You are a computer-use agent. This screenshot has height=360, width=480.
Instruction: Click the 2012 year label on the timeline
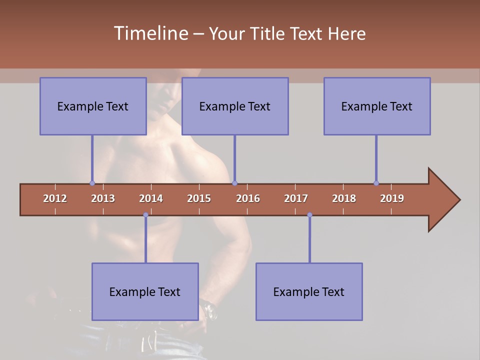click(55, 198)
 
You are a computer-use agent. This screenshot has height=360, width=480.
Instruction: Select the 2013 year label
click(103, 198)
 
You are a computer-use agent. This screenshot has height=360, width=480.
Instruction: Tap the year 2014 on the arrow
click(151, 198)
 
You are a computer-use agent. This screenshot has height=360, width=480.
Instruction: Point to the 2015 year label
click(199, 198)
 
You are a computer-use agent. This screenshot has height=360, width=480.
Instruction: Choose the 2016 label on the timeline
click(248, 198)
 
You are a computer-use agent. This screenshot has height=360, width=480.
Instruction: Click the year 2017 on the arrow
click(296, 198)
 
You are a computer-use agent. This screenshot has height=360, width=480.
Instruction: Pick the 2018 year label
click(344, 198)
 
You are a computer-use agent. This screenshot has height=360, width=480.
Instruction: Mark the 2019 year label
click(392, 198)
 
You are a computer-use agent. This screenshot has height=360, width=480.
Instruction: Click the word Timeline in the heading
click(150, 33)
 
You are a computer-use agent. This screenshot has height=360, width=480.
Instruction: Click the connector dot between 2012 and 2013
click(92, 183)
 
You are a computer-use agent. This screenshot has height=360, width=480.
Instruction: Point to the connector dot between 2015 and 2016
click(234, 183)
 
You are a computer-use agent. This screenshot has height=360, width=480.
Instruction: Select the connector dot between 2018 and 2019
click(376, 183)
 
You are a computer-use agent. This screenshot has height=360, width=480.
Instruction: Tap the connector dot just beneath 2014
click(145, 215)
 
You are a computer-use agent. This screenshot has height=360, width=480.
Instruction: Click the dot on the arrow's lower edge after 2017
click(309, 215)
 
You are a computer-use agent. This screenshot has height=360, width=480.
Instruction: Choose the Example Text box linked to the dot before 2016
click(235, 106)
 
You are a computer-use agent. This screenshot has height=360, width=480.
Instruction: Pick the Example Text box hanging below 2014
click(145, 291)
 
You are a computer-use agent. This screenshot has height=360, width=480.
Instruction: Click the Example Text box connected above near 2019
click(377, 106)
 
